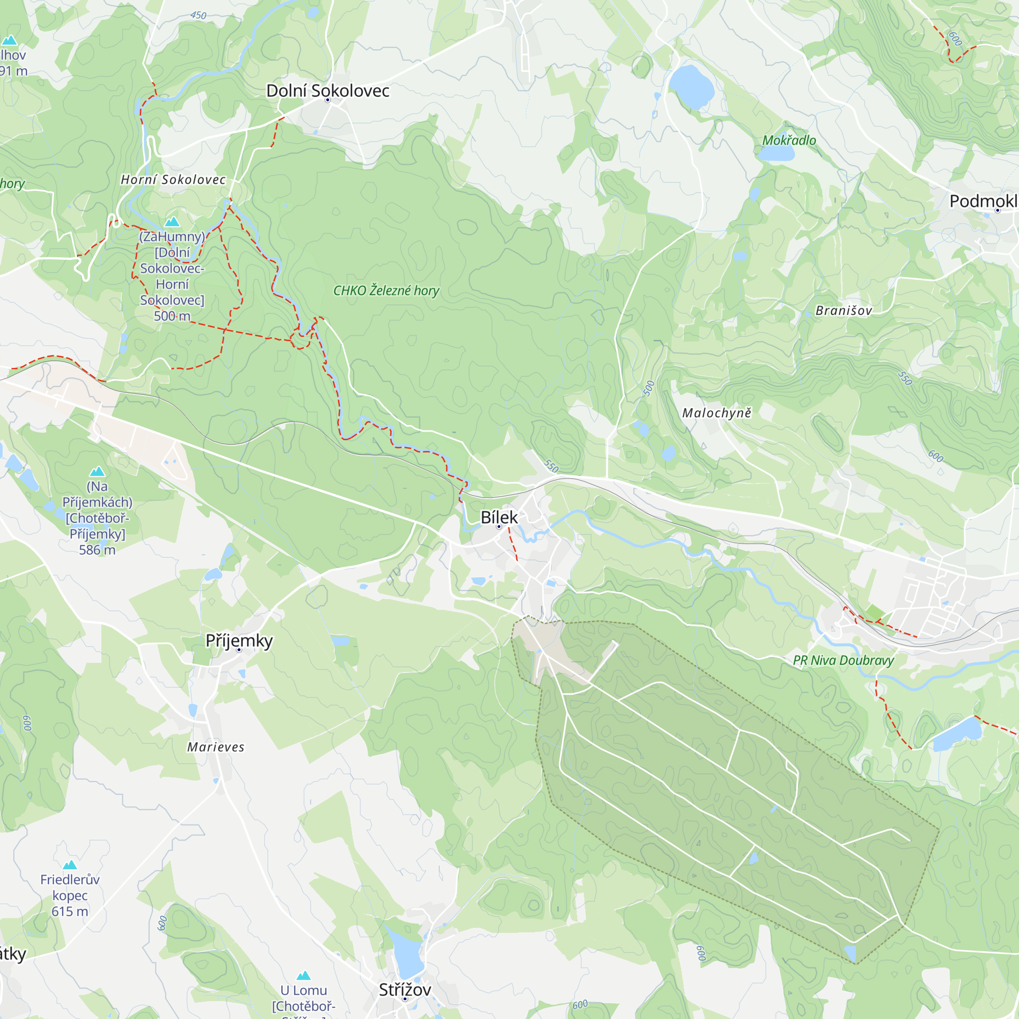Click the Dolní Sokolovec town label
[x=328, y=91]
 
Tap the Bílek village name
[x=499, y=518]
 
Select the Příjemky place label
[x=239, y=640]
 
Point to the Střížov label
[x=405, y=989]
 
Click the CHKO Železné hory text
[x=386, y=290]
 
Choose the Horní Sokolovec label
[x=173, y=180]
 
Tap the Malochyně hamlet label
[x=716, y=413]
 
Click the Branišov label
[x=843, y=311]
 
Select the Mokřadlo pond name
[x=789, y=140]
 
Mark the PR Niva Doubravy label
[x=843, y=660]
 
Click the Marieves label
[x=216, y=747]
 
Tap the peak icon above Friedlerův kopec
[x=70, y=865]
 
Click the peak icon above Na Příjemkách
[x=97, y=471]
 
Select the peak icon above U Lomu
[x=303, y=975]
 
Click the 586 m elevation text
[x=97, y=550]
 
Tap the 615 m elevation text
[x=70, y=911]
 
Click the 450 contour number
[x=198, y=15]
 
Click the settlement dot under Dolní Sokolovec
[x=328, y=100]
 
